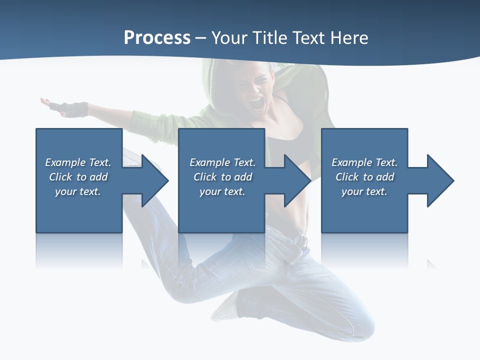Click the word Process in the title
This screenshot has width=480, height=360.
157,38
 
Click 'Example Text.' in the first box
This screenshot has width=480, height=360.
78,162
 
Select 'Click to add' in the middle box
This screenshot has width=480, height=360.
222,177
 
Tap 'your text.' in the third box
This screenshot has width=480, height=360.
364,191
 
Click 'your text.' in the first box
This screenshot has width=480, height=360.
78,191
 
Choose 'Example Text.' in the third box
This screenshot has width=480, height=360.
364,162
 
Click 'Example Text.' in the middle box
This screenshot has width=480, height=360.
222,162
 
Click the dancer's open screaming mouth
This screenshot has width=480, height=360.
256,104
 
